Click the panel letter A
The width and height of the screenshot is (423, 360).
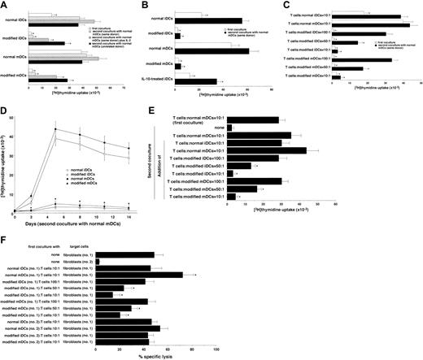[x=4, y=5]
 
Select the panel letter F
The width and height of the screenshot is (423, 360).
[x=4, y=241]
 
